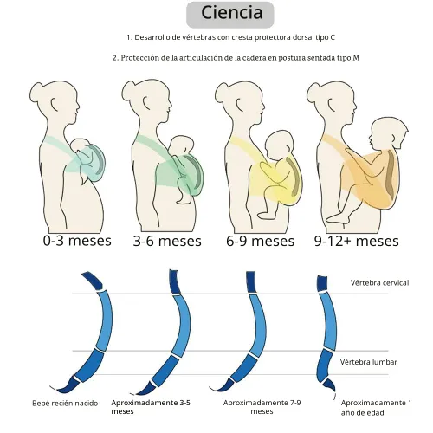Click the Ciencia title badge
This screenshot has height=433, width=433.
point(230,15)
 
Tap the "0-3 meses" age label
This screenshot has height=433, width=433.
point(77,241)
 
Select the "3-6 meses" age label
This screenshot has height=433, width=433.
point(167,241)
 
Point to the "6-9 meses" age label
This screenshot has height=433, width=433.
point(260,241)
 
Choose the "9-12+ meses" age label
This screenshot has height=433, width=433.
point(357,241)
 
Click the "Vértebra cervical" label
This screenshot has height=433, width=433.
point(379,282)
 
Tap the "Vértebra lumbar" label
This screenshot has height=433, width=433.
point(369,362)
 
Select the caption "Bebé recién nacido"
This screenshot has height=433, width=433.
point(65,403)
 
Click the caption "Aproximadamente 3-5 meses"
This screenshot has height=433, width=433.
point(151,407)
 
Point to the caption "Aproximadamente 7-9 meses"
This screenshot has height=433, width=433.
point(262,407)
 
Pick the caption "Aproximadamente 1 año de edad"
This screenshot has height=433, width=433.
point(376,408)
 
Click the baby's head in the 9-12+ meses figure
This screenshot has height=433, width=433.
point(389,133)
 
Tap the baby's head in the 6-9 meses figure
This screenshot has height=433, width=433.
point(280,144)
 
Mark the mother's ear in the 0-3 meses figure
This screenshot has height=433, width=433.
point(55,103)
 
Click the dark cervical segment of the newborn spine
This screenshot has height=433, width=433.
point(93,280)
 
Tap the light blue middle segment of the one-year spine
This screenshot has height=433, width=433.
point(330,321)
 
